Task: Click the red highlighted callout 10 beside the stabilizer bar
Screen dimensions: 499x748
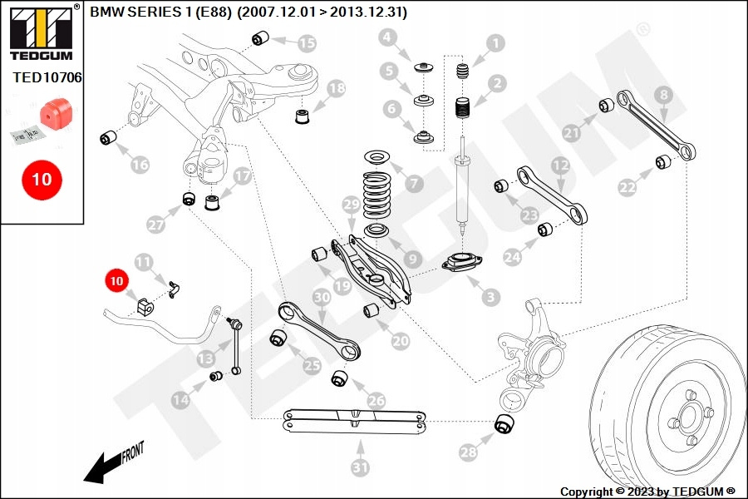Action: pyautogui.click(x=116, y=281)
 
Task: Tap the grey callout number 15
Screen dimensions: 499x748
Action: pyautogui.click(x=307, y=42)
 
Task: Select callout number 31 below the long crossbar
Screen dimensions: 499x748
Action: pyautogui.click(x=359, y=468)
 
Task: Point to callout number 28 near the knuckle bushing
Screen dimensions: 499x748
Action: pyautogui.click(x=469, y=452)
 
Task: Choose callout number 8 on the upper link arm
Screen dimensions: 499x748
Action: pyautogui.click(x=662, y=96)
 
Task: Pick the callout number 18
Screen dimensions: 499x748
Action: pyautogui.click(x=336, y=87)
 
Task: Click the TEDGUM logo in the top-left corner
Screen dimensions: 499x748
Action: pyautogui.click(x=41, y=33)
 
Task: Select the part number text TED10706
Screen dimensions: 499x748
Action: pyautogui.click(x=47, y=77)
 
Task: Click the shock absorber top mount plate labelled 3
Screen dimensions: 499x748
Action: pyautogui.click(x=460, y=265)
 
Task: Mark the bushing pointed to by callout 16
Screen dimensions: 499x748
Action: pyautogui.click(x=107, y=136)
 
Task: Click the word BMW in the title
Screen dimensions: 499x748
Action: pyautogui.click(x=104, y=13)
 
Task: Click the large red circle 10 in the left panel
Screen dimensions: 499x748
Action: pyautogui.click(x=42, y=179)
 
